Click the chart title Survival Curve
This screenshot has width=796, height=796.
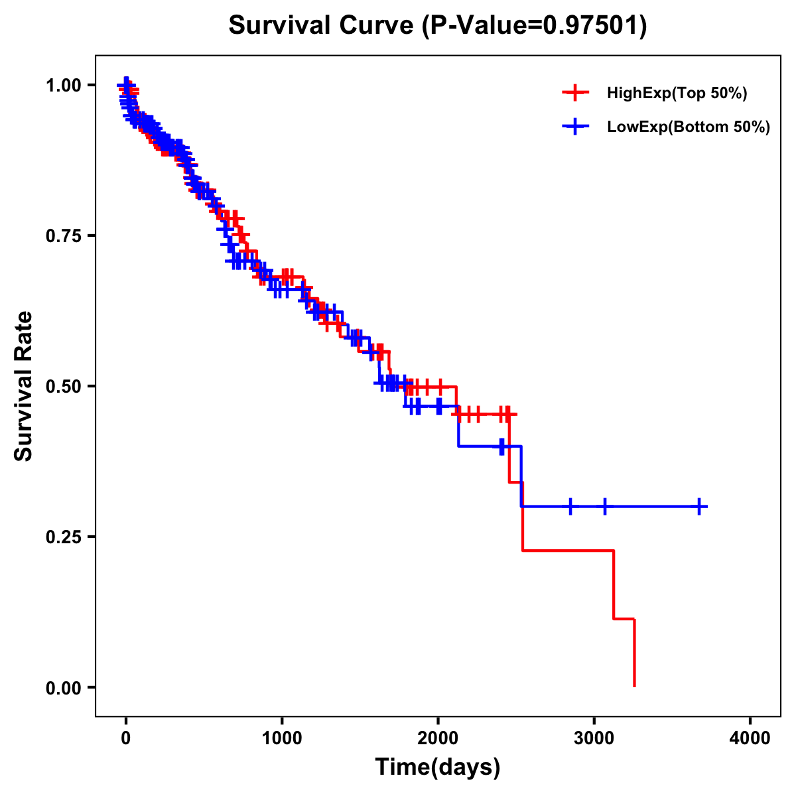tap(322, 26)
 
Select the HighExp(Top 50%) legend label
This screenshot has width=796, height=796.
tap(677, 94)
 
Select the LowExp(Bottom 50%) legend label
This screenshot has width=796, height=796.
tap(689, 127)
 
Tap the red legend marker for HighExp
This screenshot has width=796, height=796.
tap(575, 94)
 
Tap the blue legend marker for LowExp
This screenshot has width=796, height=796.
tap(575, 127)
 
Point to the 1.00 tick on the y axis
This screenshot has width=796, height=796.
tap(64, 85)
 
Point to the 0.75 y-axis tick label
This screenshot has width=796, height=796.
tap(64, 235)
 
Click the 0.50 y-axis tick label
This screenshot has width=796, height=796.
tap(64, 386)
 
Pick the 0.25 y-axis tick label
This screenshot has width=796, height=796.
tap(64, 537)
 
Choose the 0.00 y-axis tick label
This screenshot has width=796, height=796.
tap(64, 687)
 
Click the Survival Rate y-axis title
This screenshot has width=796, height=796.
tap(25, 386)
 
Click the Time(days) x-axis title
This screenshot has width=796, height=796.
tap(438, 767)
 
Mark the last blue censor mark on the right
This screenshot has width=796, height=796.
tap(699, 506)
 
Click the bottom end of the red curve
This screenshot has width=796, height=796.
tap(634, 685)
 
